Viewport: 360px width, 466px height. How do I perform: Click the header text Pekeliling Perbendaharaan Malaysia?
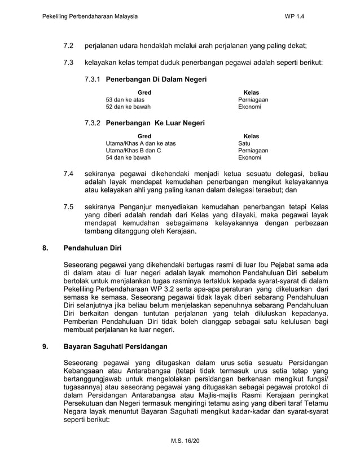(90, 17)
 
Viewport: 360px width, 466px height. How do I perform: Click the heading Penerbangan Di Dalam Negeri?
(156, 80)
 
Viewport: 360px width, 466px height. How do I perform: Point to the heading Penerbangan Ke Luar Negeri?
(155, 123)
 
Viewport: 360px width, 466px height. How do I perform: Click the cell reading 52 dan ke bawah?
(128, 107)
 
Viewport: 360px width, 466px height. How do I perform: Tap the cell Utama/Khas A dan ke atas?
(141, 143)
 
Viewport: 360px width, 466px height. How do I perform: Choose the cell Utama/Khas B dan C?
(133, 151)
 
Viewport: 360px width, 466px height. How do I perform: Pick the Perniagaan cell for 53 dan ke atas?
(253, 100)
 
